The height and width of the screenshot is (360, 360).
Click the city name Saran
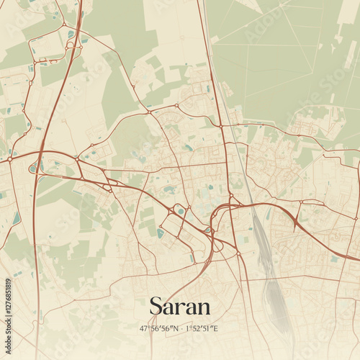[180, 306]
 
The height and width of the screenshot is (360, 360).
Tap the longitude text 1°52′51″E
[202, 328]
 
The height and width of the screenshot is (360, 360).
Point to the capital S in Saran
[156, 306]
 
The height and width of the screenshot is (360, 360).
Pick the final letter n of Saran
[204, 307]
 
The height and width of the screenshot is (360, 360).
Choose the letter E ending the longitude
[217, 328]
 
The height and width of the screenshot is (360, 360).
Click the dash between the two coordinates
[181, 328]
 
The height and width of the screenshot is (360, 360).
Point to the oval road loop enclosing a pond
[179, 211]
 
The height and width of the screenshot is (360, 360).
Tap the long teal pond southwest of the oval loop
[161, 233]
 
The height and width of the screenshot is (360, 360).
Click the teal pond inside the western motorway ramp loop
[34, 168]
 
